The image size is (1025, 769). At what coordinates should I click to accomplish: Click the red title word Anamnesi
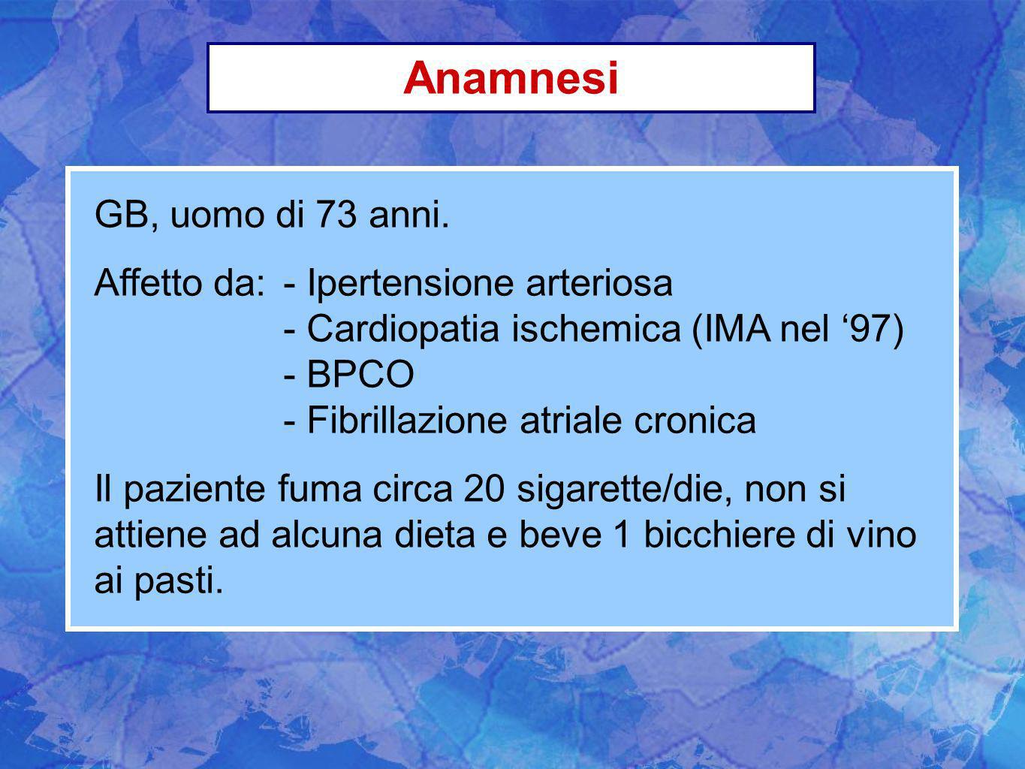click(511, 78)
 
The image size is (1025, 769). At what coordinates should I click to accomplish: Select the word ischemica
click(596, 329)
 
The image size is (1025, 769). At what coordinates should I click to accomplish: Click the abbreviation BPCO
click(360, 373)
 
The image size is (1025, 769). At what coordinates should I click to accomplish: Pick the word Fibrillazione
click(407, 420)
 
